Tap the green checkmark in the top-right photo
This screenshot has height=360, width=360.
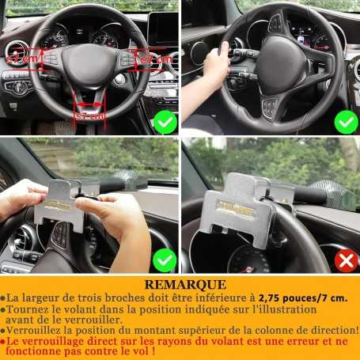click(x=346, y=123)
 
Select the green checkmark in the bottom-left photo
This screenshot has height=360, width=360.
click(x=165, y=260)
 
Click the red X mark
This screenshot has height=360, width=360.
click(x=346, y=260)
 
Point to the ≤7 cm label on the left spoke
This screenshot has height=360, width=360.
click(x=24, y=59)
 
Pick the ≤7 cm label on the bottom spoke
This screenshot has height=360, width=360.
click(x=89, y=116)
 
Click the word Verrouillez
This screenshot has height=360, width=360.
click(x=40, y=329)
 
